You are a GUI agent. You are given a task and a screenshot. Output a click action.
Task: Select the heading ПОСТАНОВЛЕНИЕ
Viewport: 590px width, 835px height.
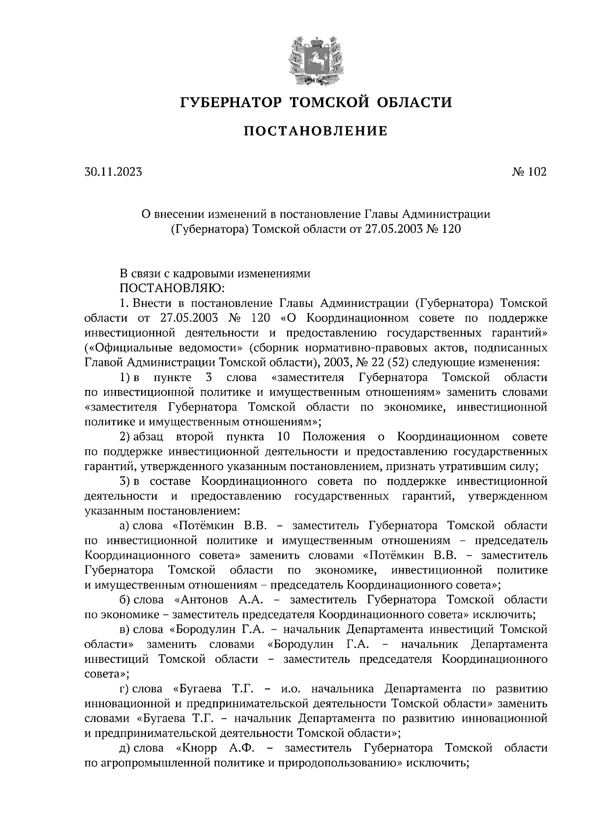(x=316, y=131)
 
